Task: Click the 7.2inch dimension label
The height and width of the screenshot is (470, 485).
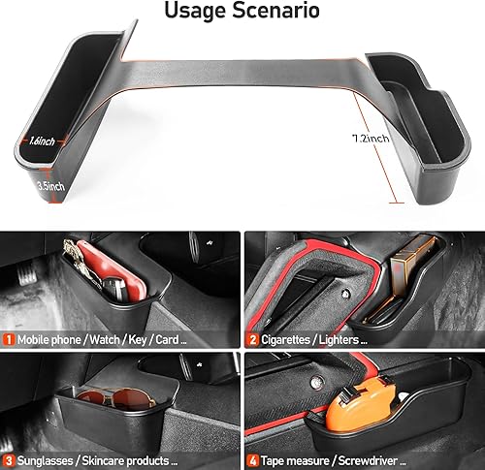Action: (x=371, y=139)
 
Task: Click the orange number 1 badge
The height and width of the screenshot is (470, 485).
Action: (x=9, y=340)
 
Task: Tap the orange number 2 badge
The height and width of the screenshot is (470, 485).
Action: (x=252, y=340)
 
